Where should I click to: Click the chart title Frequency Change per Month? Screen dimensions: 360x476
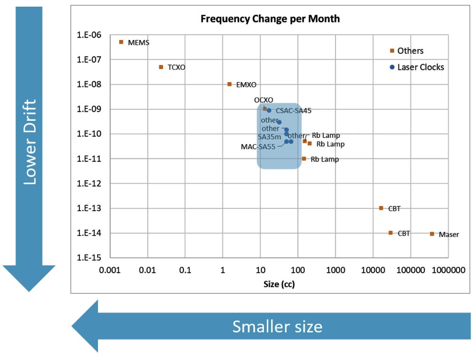point(270,19)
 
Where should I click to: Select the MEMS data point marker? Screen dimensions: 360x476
point(121,42)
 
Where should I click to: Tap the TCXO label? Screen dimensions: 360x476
point(176,68)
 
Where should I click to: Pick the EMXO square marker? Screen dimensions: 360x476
point(230,84)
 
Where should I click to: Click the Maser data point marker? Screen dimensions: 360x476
point(432,234)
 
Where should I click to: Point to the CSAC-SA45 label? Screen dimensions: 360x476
point(293,110)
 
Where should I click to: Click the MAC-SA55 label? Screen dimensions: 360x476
point(258,146)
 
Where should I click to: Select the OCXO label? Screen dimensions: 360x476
point(263,100)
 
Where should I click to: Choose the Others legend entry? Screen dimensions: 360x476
point(410,50)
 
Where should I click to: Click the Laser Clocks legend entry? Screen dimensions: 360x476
point(420,67)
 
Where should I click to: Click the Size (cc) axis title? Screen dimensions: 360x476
point(280,284)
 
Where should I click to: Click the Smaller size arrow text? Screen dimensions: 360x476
point(277,326)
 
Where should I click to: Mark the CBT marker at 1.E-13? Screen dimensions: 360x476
point(381,208)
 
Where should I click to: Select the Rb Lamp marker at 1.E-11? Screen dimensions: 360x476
point(304,158)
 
